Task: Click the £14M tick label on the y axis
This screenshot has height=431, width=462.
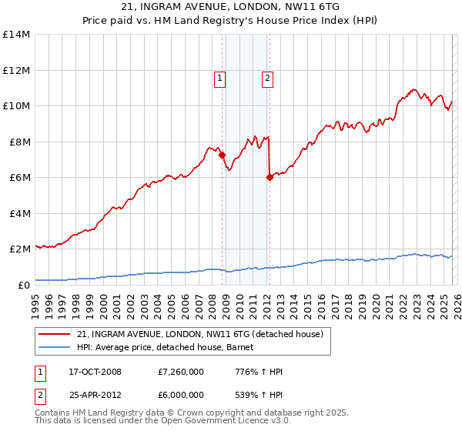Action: [15, 35]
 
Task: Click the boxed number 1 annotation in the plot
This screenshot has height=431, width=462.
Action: [220, 78]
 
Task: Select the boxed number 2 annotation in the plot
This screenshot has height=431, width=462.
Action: [267, 78]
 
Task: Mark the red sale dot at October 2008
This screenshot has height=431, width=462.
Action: [223, 155]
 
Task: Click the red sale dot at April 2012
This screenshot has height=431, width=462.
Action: [269, 177]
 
